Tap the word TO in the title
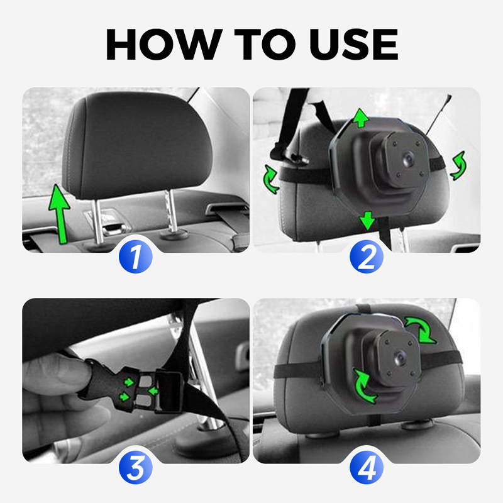click(265, 44)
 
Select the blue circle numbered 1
click(136, 257)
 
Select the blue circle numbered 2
click(367, 257)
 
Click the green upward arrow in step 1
click(60, 214)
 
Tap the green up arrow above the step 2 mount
click(361, 118)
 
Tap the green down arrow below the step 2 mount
click(367, 221)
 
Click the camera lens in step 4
click(400, 358)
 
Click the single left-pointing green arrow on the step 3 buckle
click(153, 391)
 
